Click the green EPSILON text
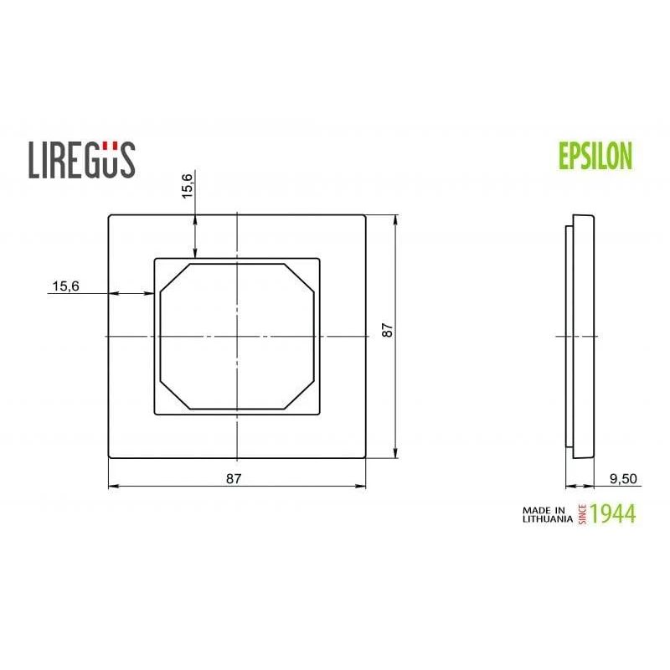(595, 156)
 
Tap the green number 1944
(613, 513)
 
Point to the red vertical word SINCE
(582, 513)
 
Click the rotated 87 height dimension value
(387, 330)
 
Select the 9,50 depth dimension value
(624, 478)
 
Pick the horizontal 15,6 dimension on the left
(65, 286)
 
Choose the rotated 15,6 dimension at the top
(188, 183)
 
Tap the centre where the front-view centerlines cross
(238, 337)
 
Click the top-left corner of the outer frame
(110, 217)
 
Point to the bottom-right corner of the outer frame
(365, 457)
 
